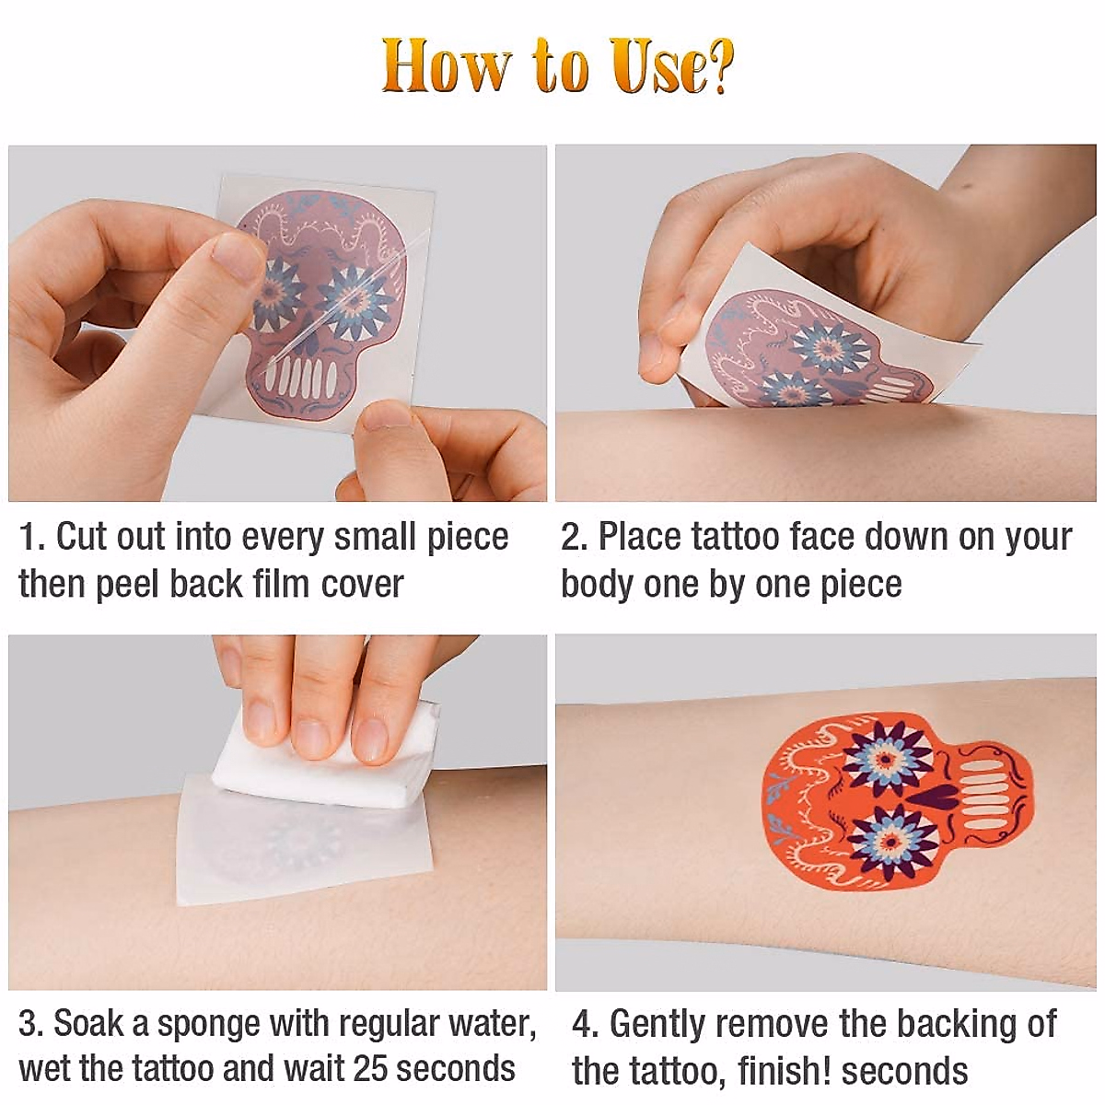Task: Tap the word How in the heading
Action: [446, 66]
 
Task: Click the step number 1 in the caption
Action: [27, 537]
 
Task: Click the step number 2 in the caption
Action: [571, 537]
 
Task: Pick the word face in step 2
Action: [821, 537]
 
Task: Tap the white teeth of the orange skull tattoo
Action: [981, 798]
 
